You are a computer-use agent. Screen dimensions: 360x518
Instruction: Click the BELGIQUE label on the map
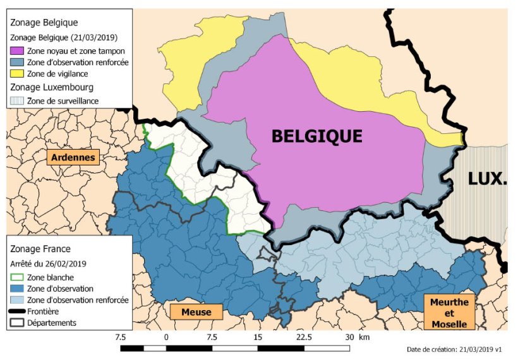[316, 136]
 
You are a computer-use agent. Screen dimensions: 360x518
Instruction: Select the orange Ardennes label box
[73, 157]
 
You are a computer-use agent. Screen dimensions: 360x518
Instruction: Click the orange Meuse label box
[196, 312]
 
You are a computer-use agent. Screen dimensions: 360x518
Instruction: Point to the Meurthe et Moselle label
[449, 313]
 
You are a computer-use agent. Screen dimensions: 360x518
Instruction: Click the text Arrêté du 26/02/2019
[49, 263]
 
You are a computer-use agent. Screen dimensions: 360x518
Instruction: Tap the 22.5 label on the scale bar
[304, 337]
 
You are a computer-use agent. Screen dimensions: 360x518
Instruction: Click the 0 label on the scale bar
[166, 337]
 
